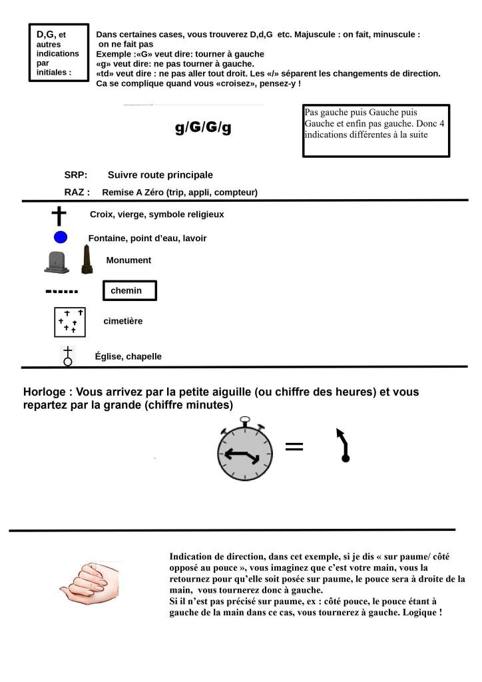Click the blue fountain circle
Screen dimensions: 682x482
pos(61,237)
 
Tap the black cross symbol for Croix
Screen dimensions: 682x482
pos(60,216)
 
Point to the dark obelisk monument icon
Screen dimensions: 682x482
pos(85,260)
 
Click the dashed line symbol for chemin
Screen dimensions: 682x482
pos(61,292)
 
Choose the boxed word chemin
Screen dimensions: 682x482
pos(129,291)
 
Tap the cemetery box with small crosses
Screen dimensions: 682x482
pos(70,322)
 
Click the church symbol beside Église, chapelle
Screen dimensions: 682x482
pos(67,356)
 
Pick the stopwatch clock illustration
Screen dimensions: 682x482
pos(246,451)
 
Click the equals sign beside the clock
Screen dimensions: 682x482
pos(294,446)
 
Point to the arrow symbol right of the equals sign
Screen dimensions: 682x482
pos(343,444)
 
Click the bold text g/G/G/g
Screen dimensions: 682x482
pos(203,127)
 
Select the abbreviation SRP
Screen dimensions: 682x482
pos(76,175)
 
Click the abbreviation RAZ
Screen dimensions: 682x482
pos(77,192)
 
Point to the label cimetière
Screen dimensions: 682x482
pos(123,321)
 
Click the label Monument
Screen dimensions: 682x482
pos(128,260)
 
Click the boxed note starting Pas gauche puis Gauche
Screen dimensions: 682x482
pos(375,131)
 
